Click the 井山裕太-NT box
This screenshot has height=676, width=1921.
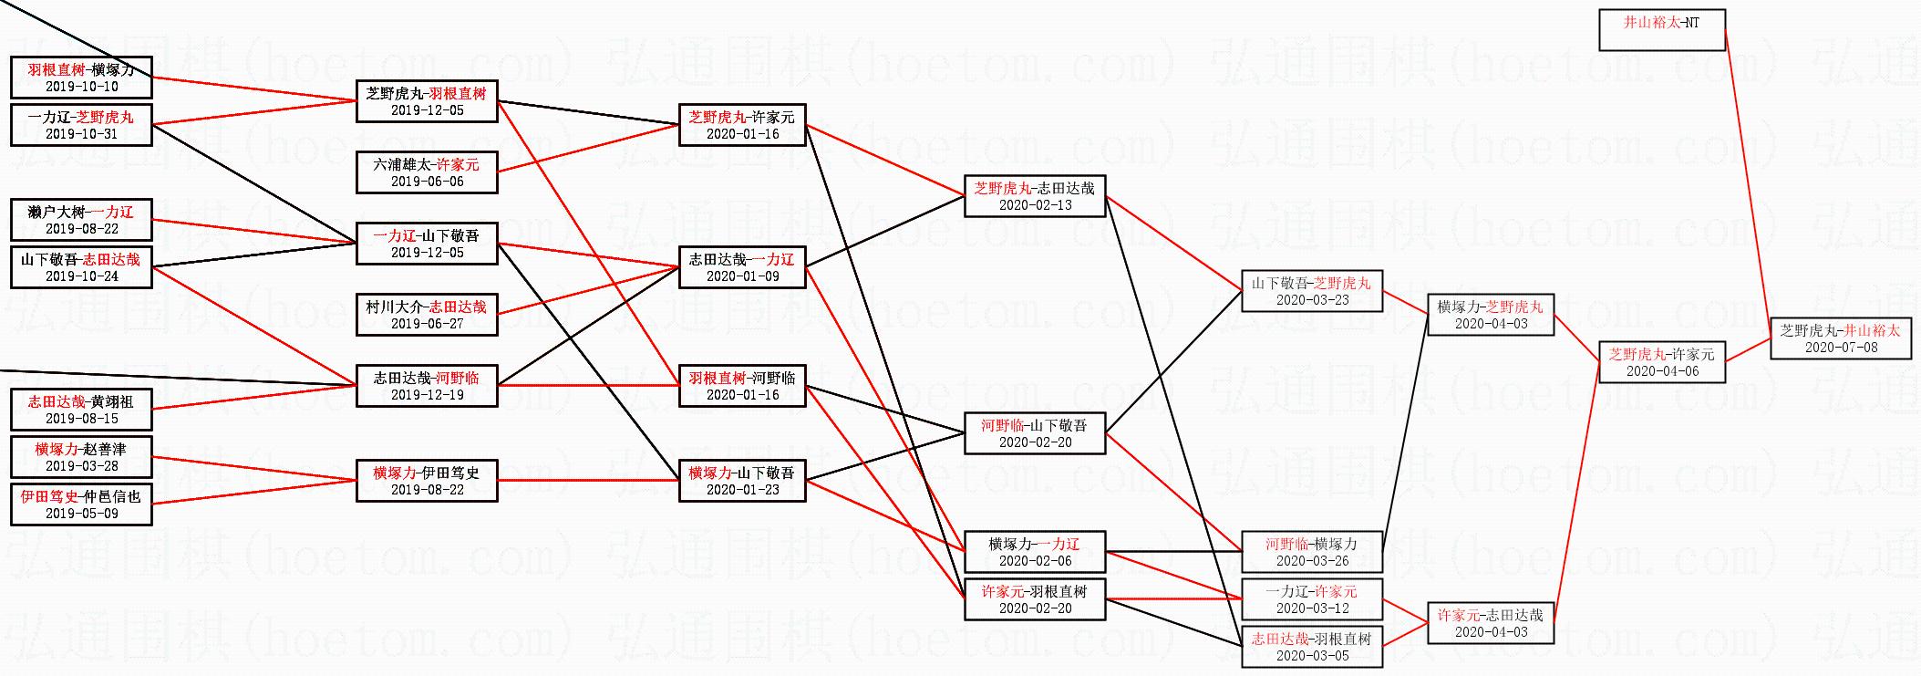click(1662, 29)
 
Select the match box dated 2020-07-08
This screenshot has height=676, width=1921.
click(1841, 338)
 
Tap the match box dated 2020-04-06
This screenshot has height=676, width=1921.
click(1662, 361)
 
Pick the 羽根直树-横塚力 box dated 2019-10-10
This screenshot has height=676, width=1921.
click(81, 77)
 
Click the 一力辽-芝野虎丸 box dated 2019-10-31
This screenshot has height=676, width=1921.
click(81, 124)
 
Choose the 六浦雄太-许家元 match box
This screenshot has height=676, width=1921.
click(427, 172)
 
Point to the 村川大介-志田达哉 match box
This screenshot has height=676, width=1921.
click(427, 314)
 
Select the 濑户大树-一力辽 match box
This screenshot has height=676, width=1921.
click(81, 219)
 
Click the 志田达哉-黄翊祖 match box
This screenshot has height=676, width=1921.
click(81, 409)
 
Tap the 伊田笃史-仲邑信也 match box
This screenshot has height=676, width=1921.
click(81, 504)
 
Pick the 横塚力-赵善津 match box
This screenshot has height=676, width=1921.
click(81, 456)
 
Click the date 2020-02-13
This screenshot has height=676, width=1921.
click(1035, 205)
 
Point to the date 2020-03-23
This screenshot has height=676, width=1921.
click(1312, 300)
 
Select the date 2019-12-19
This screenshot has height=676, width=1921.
click(427, 395)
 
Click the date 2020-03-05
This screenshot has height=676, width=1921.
click(1312, 656)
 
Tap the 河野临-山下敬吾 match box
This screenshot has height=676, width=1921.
click(1035, 432)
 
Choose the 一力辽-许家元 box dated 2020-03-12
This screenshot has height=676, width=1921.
click(1312, 598)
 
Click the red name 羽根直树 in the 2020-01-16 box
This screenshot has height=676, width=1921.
click(717, 378)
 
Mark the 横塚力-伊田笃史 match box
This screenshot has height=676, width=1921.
click(427, 480)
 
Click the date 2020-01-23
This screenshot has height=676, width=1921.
click(742, 490)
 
